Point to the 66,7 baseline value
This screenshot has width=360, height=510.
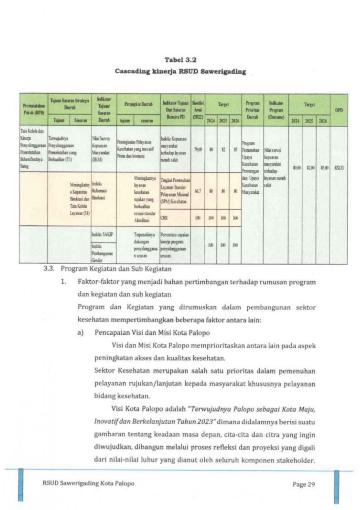click(x=197, y=191)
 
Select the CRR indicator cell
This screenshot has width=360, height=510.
click(x=164, y=218)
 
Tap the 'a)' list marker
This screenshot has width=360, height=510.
click(x=80, y=332)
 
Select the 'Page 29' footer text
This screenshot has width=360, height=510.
click(x=304, y=485)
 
